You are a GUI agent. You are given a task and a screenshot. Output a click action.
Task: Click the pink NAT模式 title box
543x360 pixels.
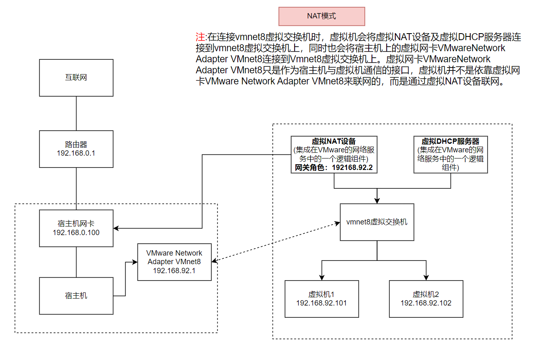pyautogui.click(x=321, y=16)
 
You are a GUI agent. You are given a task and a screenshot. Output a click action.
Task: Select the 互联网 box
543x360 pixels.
pyautogui.click(x=76, y=78)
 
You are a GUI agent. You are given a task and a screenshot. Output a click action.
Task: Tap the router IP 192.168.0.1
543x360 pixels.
pyautogui.click(x=76, y=153)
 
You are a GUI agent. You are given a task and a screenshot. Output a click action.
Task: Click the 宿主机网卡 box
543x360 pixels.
pyautogui.click(x=76, y=228)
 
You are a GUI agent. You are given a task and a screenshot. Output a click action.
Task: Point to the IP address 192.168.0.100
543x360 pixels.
pyautogui.click(x=76, y=233)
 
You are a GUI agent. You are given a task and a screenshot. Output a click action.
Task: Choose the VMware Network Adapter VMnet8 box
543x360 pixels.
pyautogui.click(x=174, y=262)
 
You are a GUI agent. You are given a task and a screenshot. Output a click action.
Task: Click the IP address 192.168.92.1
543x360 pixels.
pyautogui.click(x=174, y=271)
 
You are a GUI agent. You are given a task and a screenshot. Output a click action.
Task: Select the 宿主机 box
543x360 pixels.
pyautogui.click(x=76, y=296)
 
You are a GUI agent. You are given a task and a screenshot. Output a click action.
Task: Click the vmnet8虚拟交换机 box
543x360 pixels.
pyautogui.click(x=377, y=222)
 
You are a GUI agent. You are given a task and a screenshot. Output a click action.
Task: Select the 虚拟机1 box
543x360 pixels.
pyautogui.click(x=322, y=299)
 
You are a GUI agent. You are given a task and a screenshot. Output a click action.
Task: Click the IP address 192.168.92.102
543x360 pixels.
pyautogui.click(x=426, y=303)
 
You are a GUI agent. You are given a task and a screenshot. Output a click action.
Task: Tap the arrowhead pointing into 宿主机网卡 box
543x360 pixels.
pyautogui.click(x=117, y=228)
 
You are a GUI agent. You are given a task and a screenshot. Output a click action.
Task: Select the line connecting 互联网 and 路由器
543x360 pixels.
pyautogui.click(x=76, y=113)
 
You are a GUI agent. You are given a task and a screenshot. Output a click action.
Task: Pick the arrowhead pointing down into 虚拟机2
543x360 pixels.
pyautogui.click(x=426, y=277)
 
